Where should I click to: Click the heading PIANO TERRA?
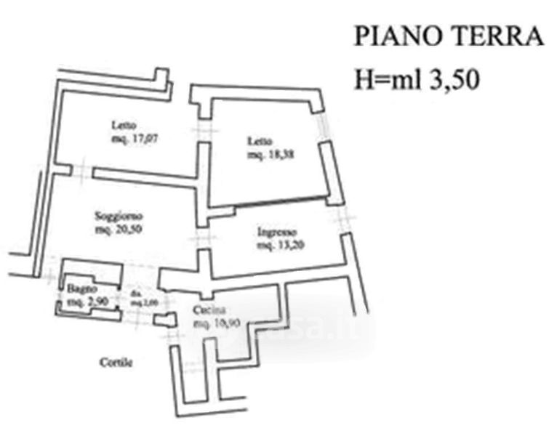click(x=449, y=36)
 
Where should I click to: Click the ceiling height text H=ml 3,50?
click(x=416, y=78)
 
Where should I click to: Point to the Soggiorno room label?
click(x=119, y=216)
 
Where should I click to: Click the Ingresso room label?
click(x=276, y=233)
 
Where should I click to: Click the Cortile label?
click(x=116, y=362)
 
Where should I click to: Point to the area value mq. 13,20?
click(x=280, y=245)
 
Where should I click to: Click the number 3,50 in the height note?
click(x=454, y=78)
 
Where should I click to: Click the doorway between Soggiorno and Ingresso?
click(x=202, y=238)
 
